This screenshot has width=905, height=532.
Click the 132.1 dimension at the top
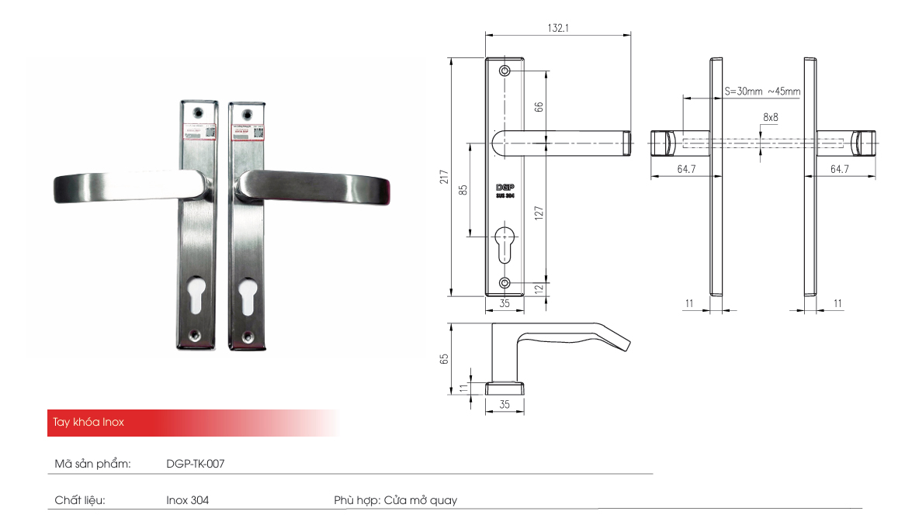pyautogui.click(x=558, y=27)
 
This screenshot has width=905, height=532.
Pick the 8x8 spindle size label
pyautogui.click(x=770, y=116)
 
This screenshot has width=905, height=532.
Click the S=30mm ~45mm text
pyautogui.click(x=761, y=92)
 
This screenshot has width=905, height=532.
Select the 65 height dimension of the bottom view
pyautogui.click(x=444, y=359)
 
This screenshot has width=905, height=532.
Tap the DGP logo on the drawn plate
pyautogui.click(x=505, y=188)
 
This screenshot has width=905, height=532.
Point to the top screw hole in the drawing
pyautogui.click(x=505, y=71)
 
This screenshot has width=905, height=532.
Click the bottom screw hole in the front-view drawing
pyautogui.click(x=505, y=282)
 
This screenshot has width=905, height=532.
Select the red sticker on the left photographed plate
pyautogui.click(x=199, y=131)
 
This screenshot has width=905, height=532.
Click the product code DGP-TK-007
pyautogui.click(x=196, y=464)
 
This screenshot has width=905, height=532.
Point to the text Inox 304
pyautogui.click(x=187, y=500)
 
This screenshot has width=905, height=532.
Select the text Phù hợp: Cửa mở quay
pyautogui.click(x=395, y=500)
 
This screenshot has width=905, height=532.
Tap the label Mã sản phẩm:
pyautogui.click(x=92, y=464)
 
